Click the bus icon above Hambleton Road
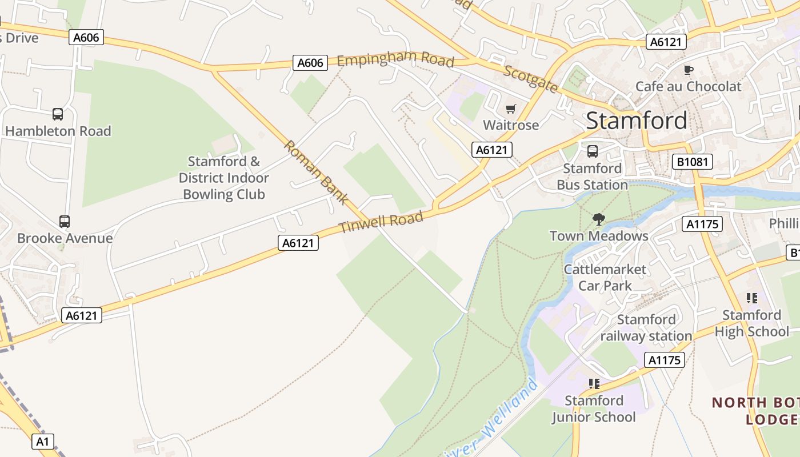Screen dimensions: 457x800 point(58,114)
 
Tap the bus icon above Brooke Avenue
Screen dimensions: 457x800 point(65,222)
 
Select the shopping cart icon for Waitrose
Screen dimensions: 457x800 point(511,109)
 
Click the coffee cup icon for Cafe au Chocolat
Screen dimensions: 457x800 point(689,70)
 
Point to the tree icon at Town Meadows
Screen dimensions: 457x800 point(598,219)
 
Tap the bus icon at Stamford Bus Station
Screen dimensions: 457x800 point(593,151)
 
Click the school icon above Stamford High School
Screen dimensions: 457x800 point(751,298)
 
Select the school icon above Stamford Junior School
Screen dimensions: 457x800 point(594,384)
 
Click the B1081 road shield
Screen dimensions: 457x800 point(692,162)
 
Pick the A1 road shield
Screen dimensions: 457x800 point(43,441)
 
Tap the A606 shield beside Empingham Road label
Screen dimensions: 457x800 point(310,63)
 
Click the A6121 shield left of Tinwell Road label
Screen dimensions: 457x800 point(298,243)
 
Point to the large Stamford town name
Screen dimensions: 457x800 point(637,121)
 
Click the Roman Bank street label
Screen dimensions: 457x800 point(315,172)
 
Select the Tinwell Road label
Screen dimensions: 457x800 point(381,222)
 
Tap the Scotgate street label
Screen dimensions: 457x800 point(531,78)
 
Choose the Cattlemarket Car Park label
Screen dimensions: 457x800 point(605,277)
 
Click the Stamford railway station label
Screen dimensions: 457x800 point(646,328)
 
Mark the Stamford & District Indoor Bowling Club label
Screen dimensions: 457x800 point(223,178)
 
